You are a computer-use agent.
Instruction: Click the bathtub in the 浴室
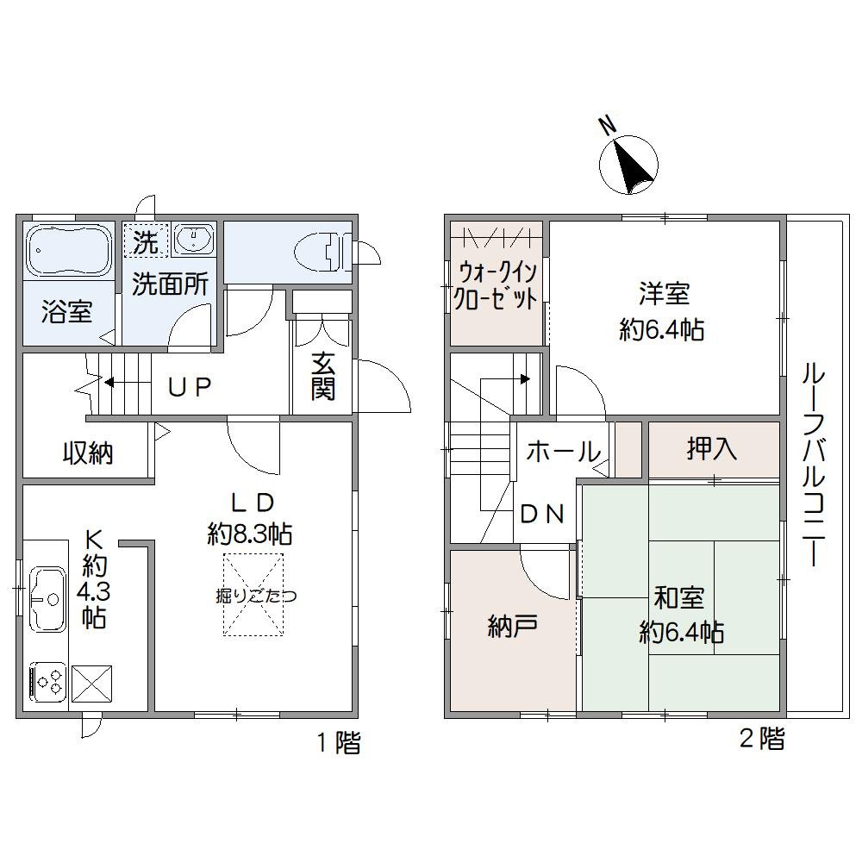coord(69,249)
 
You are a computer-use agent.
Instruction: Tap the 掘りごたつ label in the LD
coord(253,596)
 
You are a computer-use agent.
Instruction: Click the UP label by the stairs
coord(189,387)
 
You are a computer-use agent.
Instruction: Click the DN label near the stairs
coord(542,514)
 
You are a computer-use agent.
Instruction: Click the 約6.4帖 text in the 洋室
coord(662,329)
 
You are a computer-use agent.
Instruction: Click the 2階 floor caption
coord(762,738)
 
